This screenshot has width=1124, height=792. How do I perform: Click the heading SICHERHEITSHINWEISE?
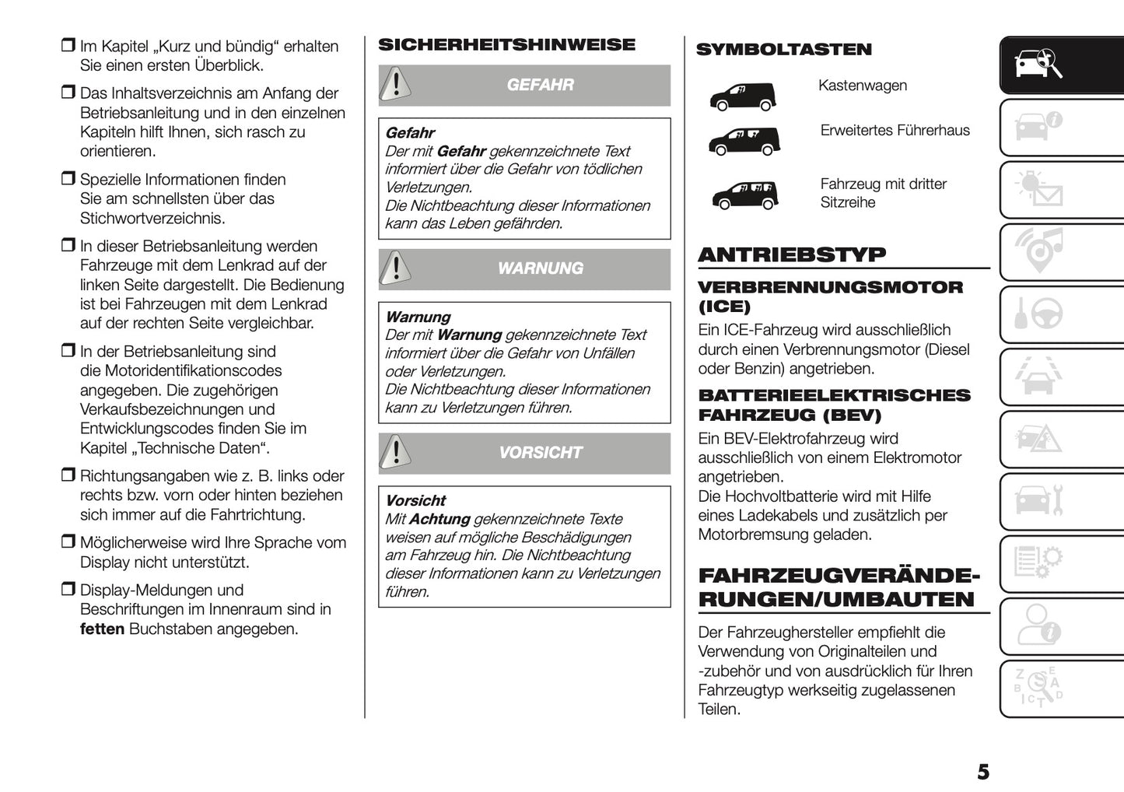pos(506,45)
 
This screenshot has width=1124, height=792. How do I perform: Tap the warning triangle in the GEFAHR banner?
pos(396,84)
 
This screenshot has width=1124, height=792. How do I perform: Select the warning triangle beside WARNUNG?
pos(396,268)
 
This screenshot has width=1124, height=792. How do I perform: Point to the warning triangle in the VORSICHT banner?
pos(396,452)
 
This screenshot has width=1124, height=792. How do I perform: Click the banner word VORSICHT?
pos(540,453)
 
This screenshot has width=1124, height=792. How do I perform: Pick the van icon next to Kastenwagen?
pos(742,95)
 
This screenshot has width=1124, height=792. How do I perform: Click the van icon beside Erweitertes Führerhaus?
pos(744,140)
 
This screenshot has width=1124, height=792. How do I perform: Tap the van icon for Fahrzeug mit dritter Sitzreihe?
pos(744,194)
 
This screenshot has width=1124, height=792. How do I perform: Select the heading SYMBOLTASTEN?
pos(783,50)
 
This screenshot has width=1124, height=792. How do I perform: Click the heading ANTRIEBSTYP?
pos(792,255)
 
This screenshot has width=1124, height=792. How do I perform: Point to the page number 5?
pos(983,772)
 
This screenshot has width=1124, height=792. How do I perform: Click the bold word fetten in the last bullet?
pos(102,629)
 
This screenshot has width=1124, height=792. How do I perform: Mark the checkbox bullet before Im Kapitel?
pos(68,46)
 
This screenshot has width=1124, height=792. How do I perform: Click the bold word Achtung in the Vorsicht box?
pos(439,519)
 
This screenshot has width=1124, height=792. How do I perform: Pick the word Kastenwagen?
pos(863,86)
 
